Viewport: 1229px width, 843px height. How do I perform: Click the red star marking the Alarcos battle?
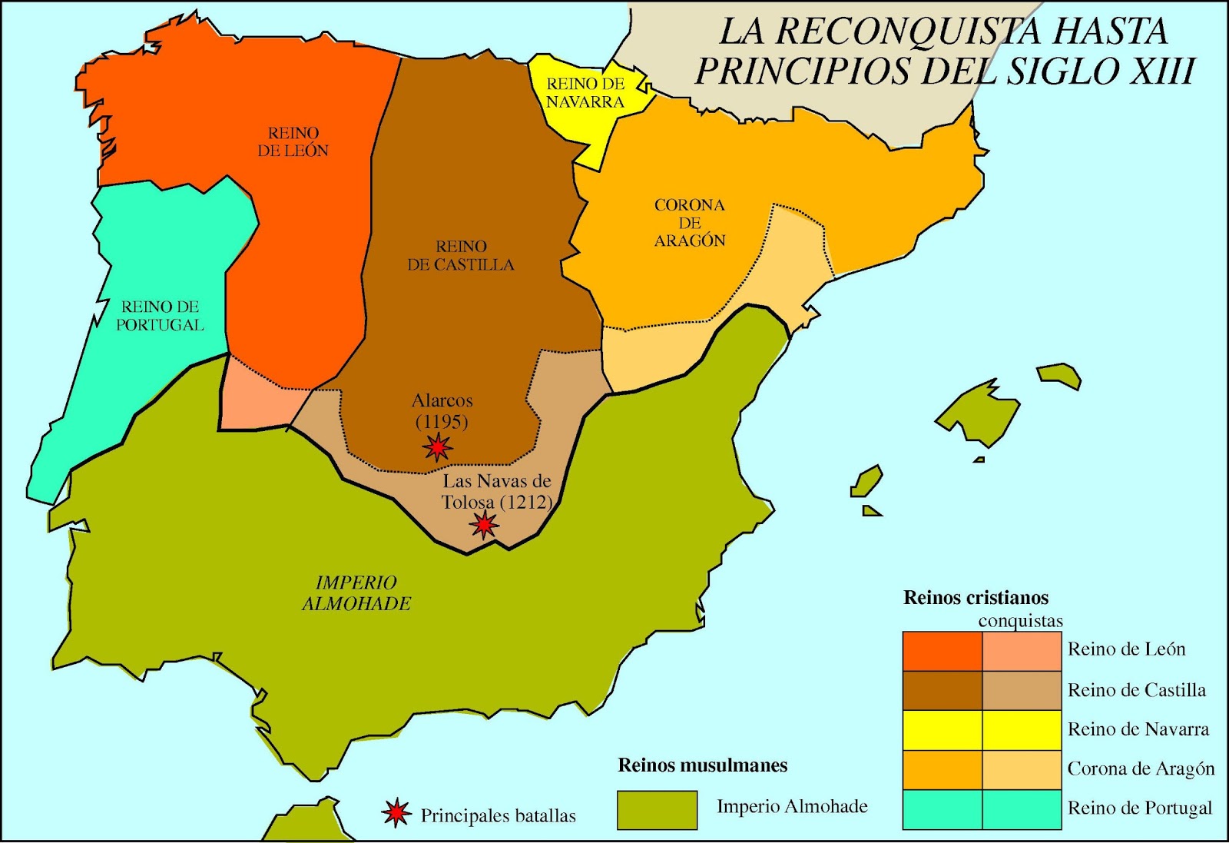(437, 446)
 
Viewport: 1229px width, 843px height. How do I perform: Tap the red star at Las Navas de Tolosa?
(484, 526)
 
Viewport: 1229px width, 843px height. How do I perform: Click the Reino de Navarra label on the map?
(585, 93)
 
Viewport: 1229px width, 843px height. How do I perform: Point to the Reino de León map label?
(293, 142)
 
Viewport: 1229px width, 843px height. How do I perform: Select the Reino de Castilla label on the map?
(461, 255)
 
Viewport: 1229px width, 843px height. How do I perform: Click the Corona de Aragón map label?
(690, 223)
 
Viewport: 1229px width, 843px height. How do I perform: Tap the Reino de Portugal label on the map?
(160, 316)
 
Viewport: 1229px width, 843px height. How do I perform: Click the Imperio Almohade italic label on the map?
(356, 593)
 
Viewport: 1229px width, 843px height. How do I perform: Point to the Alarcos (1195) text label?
(442, 411)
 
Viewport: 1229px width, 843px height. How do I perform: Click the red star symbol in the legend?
(396, 813)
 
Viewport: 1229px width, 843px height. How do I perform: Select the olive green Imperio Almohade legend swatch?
(657, 810)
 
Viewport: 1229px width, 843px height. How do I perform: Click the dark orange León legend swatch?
(942, 651)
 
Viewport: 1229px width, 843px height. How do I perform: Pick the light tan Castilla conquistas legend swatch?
(1022, 690)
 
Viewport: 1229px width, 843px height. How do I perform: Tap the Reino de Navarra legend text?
(1138, 729)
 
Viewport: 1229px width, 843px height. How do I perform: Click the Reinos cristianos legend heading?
(976, 598)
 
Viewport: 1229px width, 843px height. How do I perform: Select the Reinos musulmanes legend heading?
(702, 765)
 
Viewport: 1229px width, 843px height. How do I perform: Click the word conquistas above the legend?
(1020, 621)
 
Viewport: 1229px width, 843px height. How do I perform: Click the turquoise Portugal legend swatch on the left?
(942, 809)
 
